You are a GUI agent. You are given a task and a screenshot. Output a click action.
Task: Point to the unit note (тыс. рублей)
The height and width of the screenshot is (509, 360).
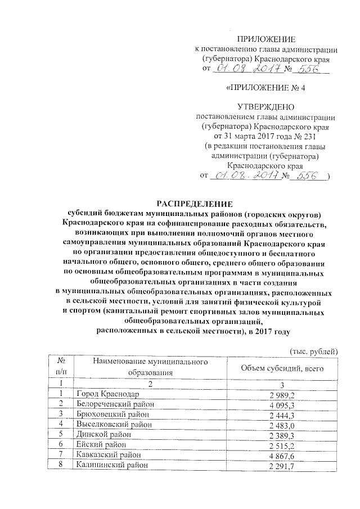click(313, 352)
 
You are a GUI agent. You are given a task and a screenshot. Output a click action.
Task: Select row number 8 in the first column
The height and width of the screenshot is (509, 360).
click(59, 465)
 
